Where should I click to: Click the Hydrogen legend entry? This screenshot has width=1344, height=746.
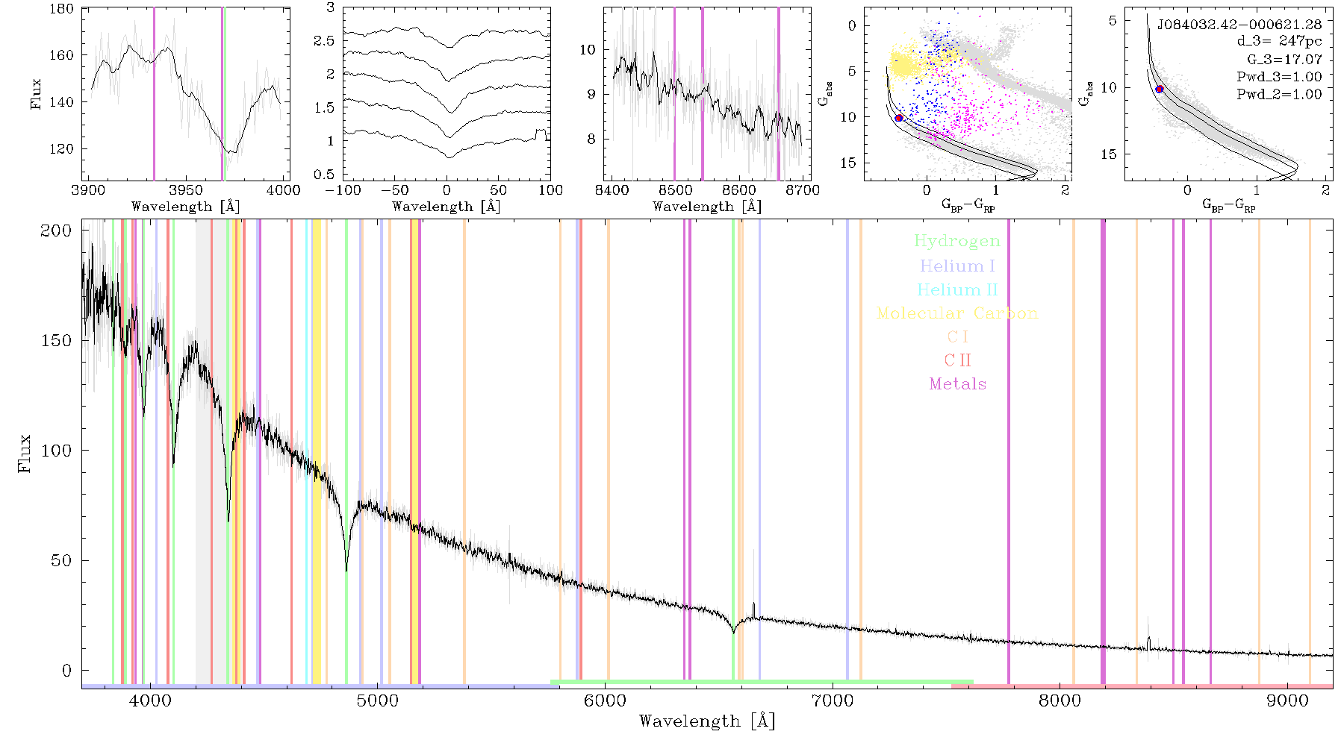[957, 241]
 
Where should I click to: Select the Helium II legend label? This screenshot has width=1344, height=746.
[957, 289]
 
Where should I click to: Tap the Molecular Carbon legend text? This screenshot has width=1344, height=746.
[957, 313]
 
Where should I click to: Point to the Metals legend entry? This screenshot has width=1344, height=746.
[958, 384]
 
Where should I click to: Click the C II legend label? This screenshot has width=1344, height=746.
[957, 360]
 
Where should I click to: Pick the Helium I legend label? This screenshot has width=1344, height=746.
[957, 266]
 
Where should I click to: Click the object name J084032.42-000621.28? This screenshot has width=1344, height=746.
[1239, 25]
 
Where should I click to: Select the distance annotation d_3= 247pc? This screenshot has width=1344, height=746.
[1279, 42]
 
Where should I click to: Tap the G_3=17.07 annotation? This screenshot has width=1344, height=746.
[1284, 59]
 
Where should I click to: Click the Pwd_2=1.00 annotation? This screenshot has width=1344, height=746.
[1279, 94]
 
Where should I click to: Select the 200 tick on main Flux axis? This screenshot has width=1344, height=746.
[56, 230]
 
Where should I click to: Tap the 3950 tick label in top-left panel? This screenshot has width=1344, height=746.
[186, 190]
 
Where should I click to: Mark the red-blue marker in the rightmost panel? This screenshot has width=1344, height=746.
[1160, 89]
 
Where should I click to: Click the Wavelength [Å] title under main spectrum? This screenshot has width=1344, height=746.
[707, 721]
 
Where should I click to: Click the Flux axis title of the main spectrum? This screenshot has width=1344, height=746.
[25, 453]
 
